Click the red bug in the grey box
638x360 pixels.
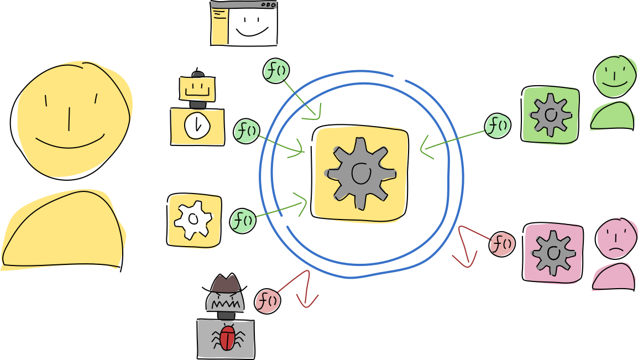tap(227, 337)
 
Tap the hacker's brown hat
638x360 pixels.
tap(226, 284)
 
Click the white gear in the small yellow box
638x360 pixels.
tap(193, 219)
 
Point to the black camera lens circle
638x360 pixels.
tap(197, 127)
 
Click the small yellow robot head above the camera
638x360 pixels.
tap(197, 88)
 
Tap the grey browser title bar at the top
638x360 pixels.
tap(243, 5)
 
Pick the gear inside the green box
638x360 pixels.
tap(551, 115)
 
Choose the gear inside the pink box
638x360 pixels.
tap(553, 253)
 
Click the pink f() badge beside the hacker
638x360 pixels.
tap(268, 301)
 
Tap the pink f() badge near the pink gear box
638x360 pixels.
tap(502, 244)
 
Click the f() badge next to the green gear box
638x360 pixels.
tap(498, 126)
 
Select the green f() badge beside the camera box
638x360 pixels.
tap(247, 132)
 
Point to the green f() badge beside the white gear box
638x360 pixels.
tap(243, 221)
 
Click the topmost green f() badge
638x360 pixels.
tap(276, 71)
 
